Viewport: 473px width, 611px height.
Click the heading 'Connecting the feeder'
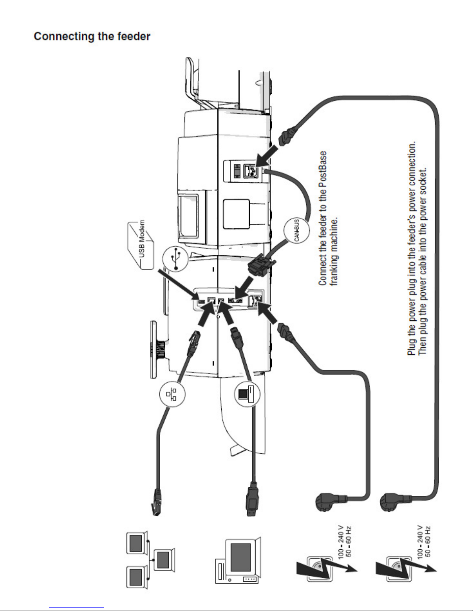click(92, 37)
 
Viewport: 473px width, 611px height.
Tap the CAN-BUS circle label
click(297, 230)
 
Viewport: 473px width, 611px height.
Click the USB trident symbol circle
click(175, 259)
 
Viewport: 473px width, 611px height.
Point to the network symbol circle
click(172, 394)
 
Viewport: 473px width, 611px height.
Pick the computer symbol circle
click(247, 394)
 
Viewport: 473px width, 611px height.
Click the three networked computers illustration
click(150, 560)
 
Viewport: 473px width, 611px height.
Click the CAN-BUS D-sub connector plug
click(261, 265)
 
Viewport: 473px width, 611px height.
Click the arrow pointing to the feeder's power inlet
click(266, 156)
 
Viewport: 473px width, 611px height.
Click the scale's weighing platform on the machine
click(154, 350)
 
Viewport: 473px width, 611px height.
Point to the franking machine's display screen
click(188, 216)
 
